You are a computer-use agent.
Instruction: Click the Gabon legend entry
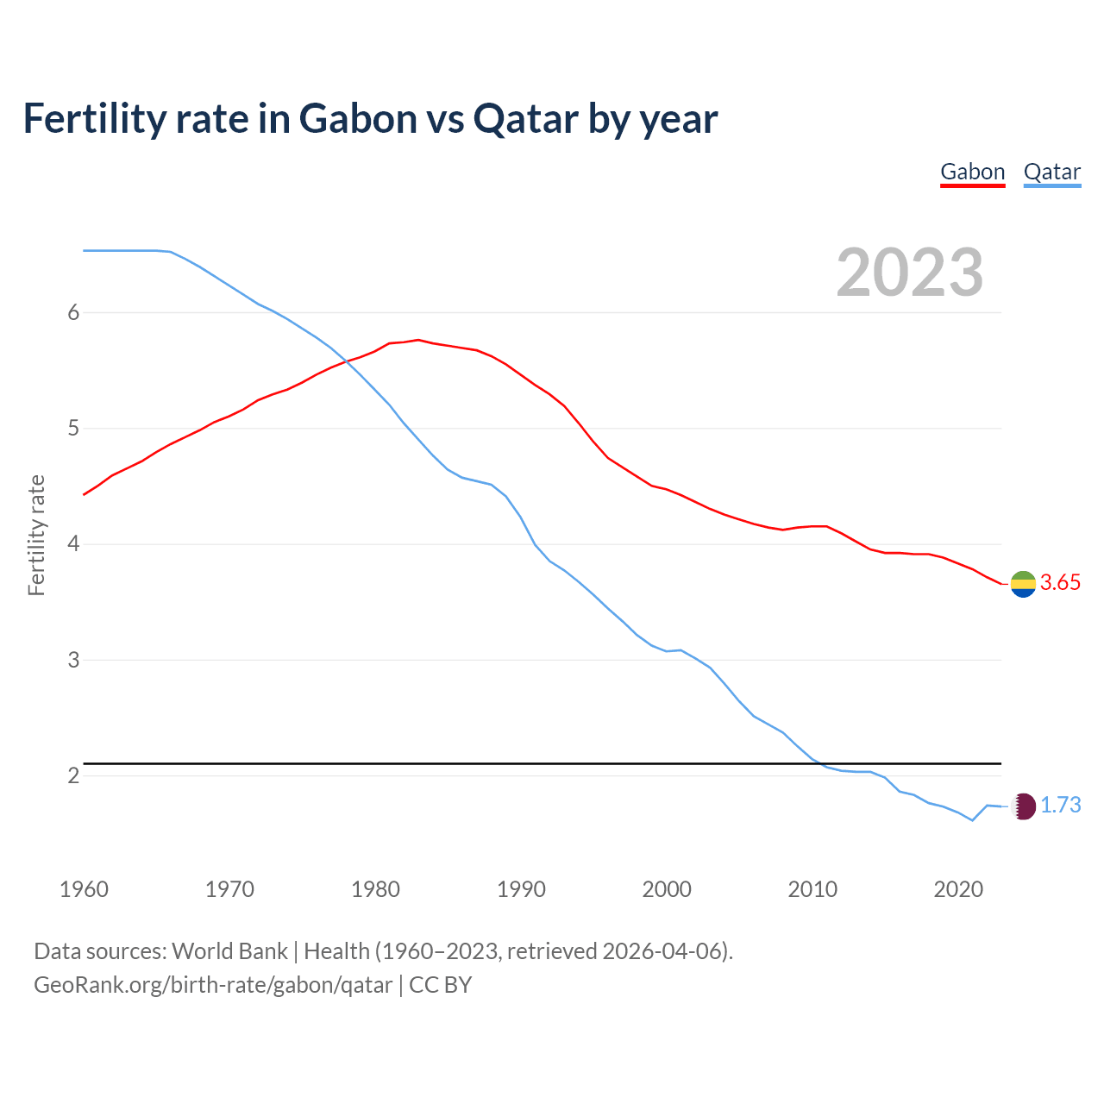[972, 172]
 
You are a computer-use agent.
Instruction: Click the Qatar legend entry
[1051, 172]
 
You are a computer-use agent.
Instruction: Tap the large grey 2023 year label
[909, 273]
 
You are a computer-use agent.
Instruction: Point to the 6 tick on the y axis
[73, 312]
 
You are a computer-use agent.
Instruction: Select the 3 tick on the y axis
[73, 660]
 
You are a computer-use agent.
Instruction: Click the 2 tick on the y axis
[73, 775]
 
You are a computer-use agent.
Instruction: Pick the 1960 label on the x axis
[84, 889]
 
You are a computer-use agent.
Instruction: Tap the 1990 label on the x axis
[521, 889]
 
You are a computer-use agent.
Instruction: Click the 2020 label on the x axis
[958, 889]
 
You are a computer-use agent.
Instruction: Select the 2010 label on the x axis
[812, 889]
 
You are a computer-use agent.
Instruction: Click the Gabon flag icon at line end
[1023, 584]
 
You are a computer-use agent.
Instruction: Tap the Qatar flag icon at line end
[1023, 806]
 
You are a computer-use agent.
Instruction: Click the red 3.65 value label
[1060, 583]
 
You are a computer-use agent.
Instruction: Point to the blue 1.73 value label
[1060, 806]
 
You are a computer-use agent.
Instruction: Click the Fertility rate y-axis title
[36, 535]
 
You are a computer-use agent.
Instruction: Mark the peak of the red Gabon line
[418, 340]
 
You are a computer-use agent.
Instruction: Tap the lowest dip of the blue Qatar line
[972, 820]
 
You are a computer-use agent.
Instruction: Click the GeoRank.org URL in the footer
[213, 985]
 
